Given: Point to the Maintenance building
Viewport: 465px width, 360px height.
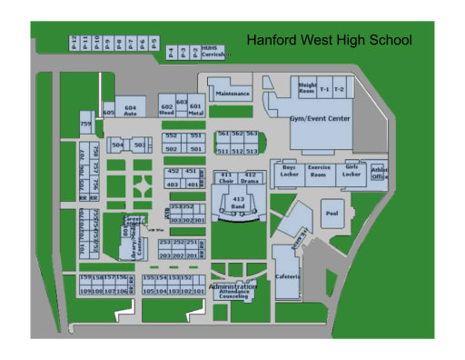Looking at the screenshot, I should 232,92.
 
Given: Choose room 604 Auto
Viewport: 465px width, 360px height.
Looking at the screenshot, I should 131,109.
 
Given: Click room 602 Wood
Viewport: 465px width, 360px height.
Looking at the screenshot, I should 166,109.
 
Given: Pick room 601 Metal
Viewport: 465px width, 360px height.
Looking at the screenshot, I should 195,109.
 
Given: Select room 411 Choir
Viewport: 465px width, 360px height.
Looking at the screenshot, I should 226,176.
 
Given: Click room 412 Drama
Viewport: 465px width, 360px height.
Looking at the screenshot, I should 251,176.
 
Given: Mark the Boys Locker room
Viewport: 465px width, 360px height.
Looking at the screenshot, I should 290,171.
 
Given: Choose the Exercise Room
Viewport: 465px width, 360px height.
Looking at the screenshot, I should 320,171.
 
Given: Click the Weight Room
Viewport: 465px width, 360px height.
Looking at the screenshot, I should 307,87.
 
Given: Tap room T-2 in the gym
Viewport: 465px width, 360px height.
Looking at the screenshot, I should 339,89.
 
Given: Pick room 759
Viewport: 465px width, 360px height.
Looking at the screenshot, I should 85,124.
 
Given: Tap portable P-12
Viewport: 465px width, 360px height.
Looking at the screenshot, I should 74,43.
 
